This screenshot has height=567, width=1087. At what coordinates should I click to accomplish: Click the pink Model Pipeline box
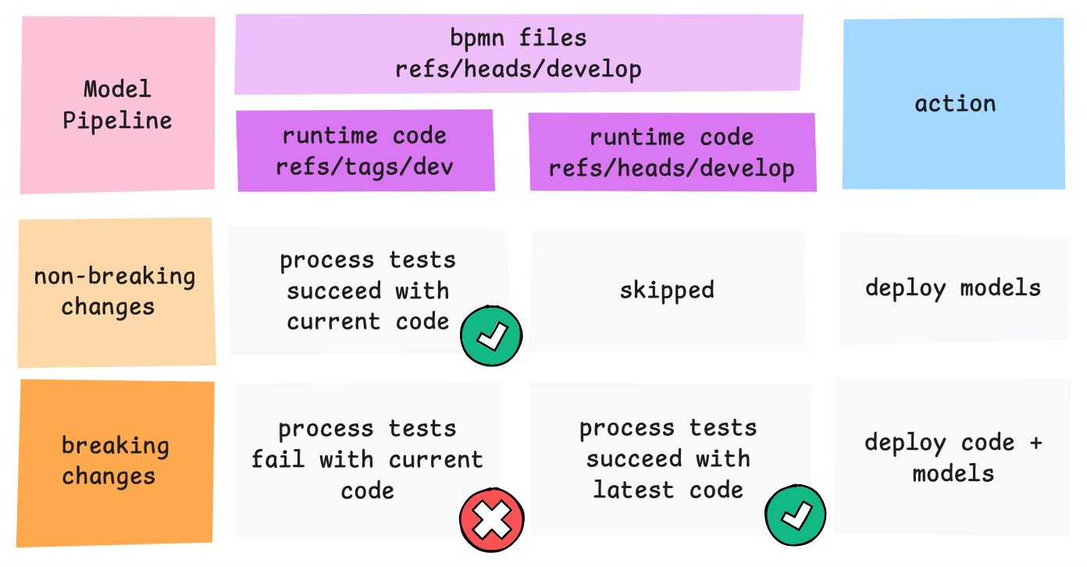(117, 105)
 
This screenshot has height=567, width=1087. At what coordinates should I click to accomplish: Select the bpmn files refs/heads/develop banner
(519, 53)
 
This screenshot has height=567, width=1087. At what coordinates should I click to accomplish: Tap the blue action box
(953, 103)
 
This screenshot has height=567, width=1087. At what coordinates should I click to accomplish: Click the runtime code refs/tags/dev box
(365, 151)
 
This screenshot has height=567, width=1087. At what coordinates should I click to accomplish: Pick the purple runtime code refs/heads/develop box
(672, 152)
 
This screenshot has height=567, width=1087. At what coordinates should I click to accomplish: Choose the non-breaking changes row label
(116, 292)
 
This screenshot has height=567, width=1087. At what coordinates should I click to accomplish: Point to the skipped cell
(667, 291)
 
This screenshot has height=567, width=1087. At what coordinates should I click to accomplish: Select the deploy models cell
(953, 288)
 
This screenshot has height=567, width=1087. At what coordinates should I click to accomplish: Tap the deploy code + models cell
(953, 458)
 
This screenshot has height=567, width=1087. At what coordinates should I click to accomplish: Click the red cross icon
(492, 520)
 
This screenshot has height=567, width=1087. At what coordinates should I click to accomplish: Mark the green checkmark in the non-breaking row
(491, 336)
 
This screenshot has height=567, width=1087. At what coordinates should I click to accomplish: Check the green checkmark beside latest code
(796, 515)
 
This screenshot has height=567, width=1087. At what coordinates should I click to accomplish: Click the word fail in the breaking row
(278, 458)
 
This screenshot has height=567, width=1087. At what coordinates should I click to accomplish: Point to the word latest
(634, 490)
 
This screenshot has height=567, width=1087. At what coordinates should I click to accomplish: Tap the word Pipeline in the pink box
(117, 121)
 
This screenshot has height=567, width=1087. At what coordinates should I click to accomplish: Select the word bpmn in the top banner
(477, 37)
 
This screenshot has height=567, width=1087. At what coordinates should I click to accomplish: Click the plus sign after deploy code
(1036, 443)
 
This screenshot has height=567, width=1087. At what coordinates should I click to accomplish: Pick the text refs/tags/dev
(365, 166)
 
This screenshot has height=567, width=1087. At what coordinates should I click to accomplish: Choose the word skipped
(667, 291)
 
